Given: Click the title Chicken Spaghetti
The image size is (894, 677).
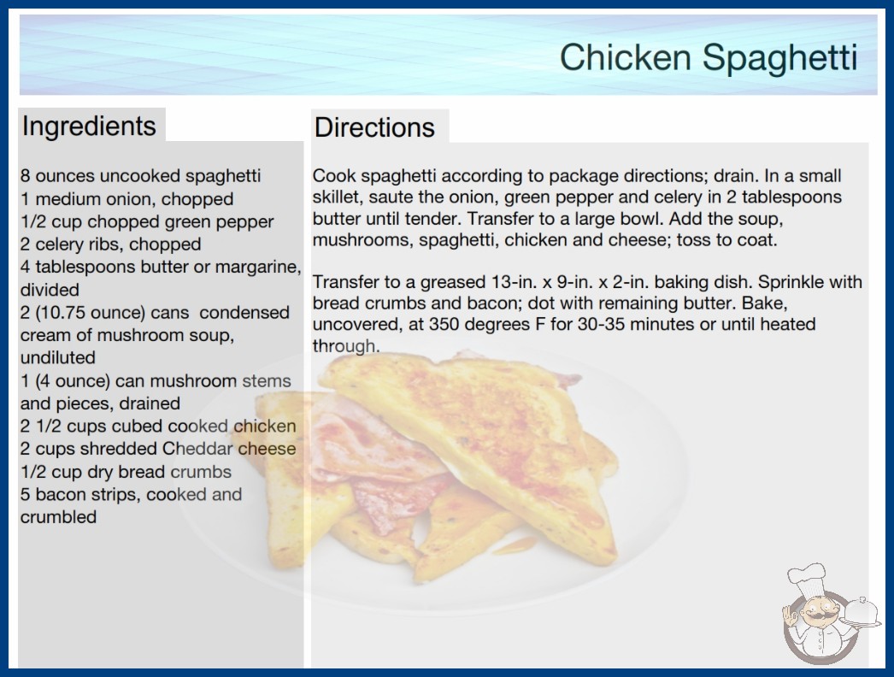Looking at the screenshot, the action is coord(709,58).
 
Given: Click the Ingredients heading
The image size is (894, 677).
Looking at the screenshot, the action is coord(89,127).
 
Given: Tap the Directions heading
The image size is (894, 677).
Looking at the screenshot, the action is coord(374,127).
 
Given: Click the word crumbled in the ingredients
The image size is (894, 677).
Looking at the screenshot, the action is coord(58,517).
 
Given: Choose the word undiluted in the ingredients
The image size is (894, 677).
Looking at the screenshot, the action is coord(57,357).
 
